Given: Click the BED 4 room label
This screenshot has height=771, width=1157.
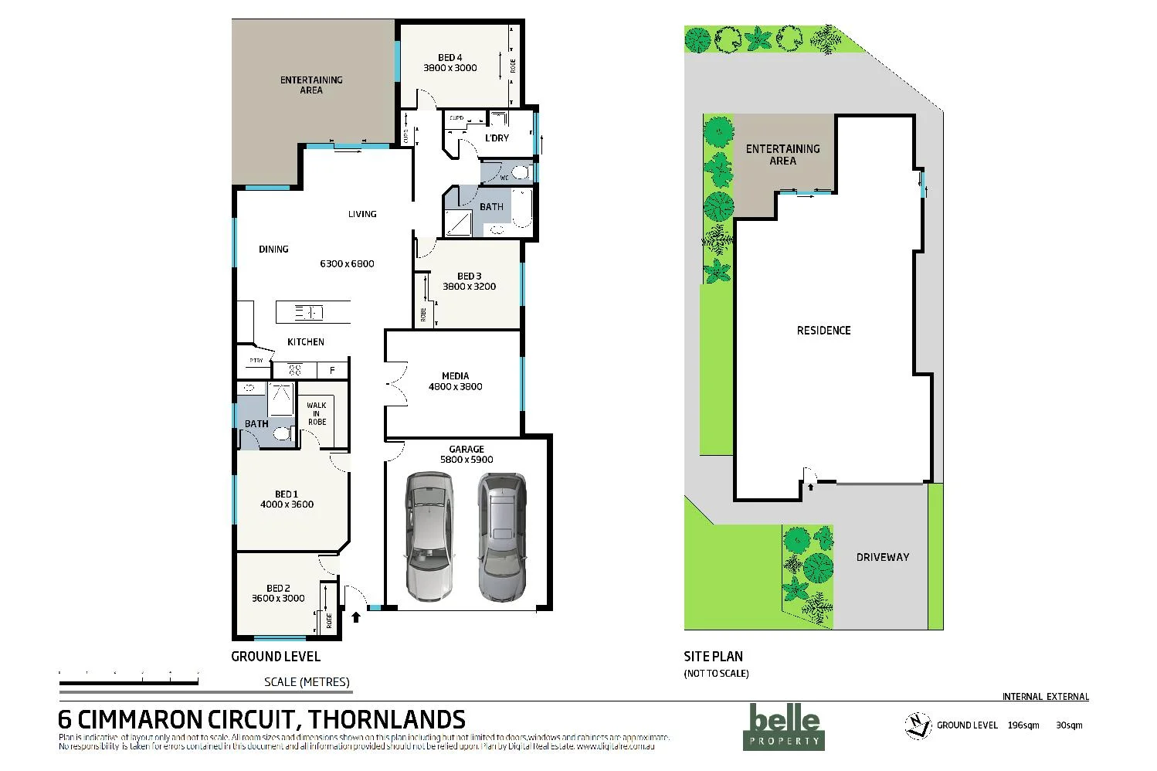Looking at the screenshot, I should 450,57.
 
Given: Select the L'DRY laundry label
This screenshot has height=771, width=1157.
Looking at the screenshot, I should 497,138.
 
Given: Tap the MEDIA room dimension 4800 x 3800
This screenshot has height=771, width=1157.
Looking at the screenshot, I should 455,386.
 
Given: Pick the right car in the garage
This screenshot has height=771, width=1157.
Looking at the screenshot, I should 501,537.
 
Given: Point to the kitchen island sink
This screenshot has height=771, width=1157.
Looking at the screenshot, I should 309,313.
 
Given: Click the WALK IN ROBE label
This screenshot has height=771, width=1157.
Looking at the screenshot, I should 317,413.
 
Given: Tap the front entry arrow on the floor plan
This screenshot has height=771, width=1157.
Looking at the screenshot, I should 355,616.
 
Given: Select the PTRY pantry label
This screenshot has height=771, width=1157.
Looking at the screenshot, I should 256,361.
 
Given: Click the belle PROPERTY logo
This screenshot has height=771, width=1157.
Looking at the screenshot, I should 784,727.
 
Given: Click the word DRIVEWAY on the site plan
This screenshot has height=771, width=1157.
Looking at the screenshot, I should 882,557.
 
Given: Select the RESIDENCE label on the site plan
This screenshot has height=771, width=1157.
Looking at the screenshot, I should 823,331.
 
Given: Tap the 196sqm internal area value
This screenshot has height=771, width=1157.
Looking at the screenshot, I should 1023,725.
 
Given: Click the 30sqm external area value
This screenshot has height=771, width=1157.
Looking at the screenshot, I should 1069,725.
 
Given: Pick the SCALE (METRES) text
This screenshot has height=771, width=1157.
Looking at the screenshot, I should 307,681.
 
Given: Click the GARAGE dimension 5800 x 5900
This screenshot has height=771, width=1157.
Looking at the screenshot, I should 467,460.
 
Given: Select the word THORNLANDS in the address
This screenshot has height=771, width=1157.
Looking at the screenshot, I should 386,720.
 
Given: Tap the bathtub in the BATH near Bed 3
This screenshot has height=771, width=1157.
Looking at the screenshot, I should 523,208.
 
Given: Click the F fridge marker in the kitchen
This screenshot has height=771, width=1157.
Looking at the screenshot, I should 333,371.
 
